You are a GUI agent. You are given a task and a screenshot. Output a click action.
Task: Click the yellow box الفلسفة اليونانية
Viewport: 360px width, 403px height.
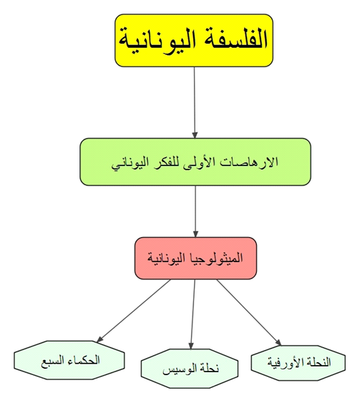194,40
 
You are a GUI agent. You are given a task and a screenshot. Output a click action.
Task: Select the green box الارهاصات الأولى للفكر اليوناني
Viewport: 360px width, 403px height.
195,162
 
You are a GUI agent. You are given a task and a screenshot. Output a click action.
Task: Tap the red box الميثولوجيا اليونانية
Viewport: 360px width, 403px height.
195,258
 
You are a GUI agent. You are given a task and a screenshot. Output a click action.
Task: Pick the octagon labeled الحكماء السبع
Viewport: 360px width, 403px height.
69,360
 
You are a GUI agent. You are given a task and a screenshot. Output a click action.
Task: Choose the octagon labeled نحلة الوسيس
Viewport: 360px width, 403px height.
190,369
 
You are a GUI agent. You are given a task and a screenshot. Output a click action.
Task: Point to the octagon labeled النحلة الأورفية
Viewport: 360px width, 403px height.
298,363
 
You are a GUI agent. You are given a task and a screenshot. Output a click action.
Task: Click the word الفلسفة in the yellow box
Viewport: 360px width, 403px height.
233,40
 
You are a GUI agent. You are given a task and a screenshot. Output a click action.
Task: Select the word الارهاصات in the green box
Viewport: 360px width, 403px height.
249,161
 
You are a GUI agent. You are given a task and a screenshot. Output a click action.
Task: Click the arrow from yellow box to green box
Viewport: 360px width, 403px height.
195,102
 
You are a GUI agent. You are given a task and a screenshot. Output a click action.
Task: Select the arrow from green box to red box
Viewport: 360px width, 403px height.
195,211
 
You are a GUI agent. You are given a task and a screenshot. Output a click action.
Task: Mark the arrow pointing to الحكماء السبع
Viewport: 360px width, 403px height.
133,311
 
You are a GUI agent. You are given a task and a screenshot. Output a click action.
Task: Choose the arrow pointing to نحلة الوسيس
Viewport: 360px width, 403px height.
193,314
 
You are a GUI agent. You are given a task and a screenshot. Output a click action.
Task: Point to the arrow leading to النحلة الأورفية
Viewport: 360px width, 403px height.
249,313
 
